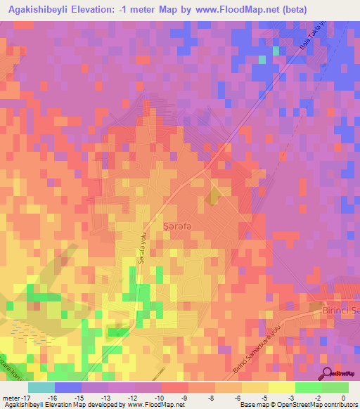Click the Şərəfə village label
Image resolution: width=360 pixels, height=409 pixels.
coord(177,225)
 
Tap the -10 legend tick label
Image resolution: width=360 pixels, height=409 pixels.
coord(156,398)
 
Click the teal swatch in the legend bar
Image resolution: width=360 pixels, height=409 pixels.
coord(41,387)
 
